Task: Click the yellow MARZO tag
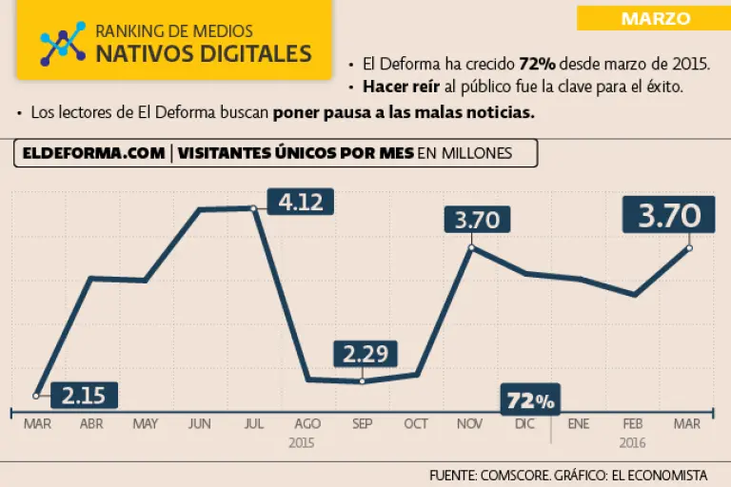(x=655, y=17)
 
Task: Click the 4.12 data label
(x=300, y=202)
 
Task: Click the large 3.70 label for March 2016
(x=668, y=216)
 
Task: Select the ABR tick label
(x=91, y=424)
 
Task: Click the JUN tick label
(x=200, y=424)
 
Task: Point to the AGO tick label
(x=307, y=424)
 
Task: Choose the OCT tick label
(x=416, y=424)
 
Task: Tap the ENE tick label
(x=579, y=424)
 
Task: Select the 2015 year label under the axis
(x=301, y=442)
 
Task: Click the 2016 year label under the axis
(x=633, y=442)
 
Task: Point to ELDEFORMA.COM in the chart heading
(x=90, y=153)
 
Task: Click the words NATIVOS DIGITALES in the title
(x=204, y=53)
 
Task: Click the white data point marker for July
(x=253, y=207)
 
